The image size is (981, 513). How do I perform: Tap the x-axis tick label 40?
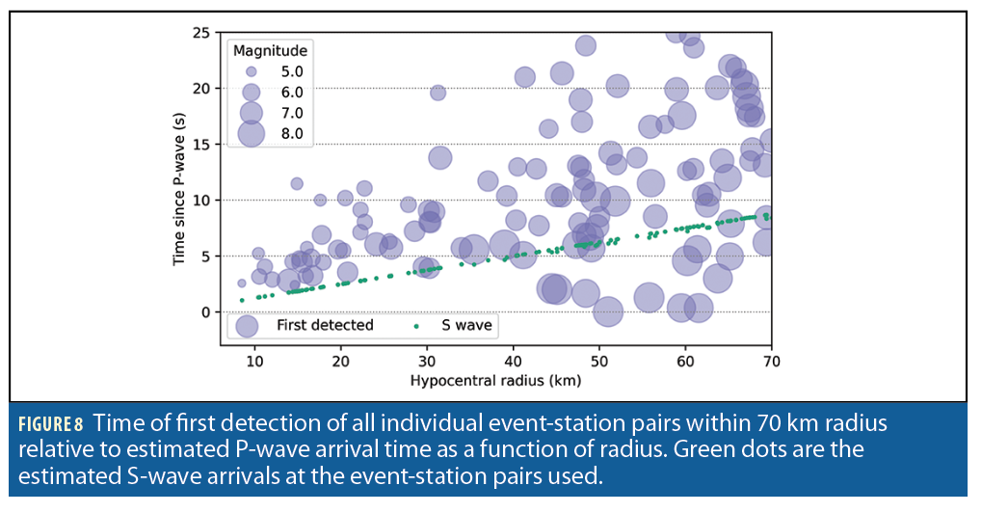514,361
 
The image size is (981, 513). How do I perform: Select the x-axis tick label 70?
771,361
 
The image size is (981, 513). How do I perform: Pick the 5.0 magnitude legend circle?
251,71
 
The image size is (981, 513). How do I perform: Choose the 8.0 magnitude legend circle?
251,133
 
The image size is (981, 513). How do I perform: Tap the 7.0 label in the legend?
291,113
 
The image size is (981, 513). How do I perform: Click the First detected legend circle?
248,326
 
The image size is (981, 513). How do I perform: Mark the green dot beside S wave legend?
416,326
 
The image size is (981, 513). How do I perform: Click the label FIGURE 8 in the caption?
51,423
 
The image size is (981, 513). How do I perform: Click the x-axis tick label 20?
340,361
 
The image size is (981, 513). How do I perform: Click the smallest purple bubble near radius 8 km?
242,283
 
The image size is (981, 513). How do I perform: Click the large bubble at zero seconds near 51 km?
607,311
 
